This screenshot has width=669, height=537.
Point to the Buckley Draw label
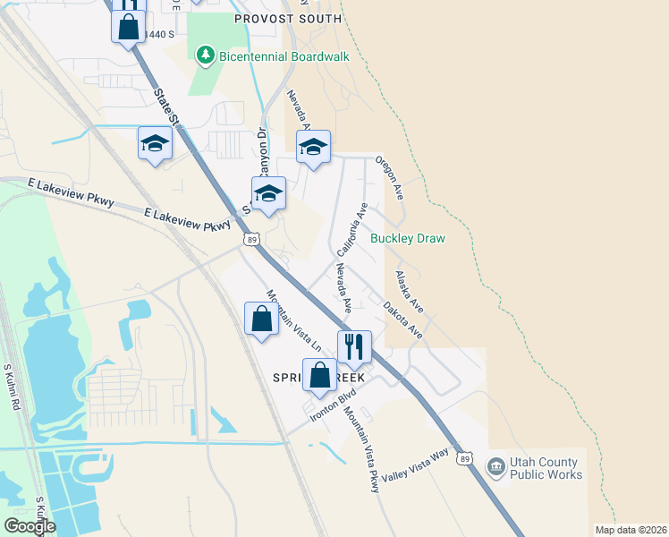pos(407,239)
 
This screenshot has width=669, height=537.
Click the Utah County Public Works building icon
pos(495,466)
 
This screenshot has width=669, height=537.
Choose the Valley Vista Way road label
pos(414,467)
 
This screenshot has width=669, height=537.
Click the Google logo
pos(30,526)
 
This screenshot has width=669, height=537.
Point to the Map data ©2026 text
pos(630,530)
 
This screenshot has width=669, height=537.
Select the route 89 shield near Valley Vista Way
pos(463,459)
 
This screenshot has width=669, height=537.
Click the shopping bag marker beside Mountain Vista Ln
pos(260,319)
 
